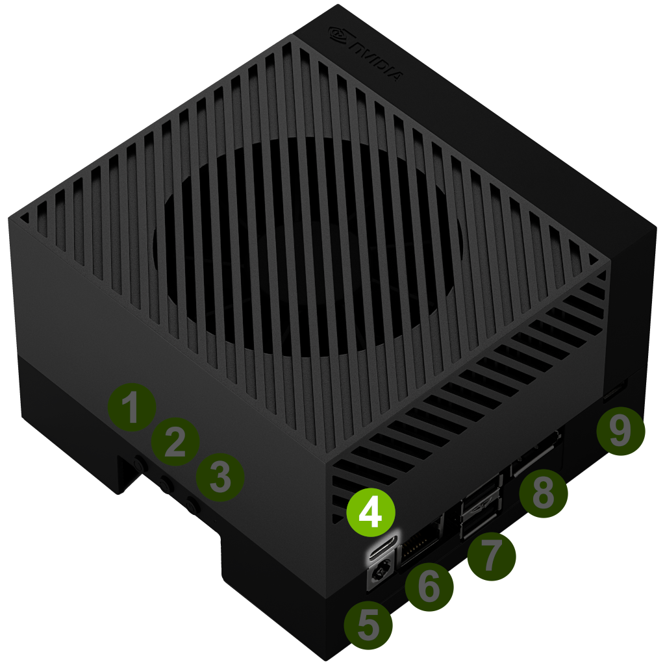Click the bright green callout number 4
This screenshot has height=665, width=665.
tap(371, 513)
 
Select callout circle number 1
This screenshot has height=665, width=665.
tap(132, 407)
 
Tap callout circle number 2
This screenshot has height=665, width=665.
tap(175, 442)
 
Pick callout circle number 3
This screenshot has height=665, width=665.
tap(220, 477)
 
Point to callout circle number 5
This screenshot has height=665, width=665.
tap(368, 625)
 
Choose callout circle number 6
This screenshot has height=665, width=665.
tap(429, 587)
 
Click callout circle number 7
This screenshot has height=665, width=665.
tap(492, 556)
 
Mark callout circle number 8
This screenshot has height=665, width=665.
tap(544, 493)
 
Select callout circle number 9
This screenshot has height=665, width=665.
tap(620, 431)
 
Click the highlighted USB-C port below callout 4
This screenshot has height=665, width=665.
tap(383, 548)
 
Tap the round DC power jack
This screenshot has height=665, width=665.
tap(379, 575)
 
